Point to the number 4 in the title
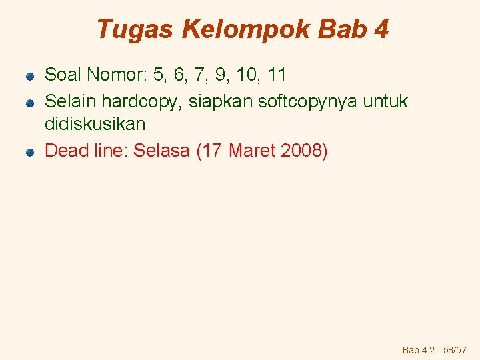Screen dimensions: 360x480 coord(381,29)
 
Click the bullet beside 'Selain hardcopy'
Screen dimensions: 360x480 coord(30,103)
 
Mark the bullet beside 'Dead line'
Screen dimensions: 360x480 coord(30,153)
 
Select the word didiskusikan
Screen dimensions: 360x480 coord(95,125)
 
